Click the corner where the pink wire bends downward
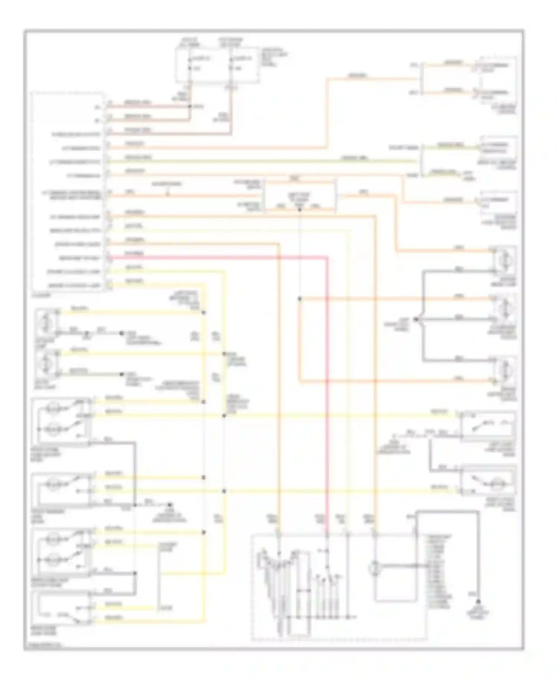[x=327, y=257]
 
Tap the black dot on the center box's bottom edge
[x=300, y=210]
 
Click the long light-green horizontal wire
[x=260, y=161]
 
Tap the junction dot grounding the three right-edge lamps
[x=416, y=319]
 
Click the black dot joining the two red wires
[x=190, y=106]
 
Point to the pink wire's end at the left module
[x=109, y=257]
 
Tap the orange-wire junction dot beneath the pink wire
[x=300, y=299]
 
